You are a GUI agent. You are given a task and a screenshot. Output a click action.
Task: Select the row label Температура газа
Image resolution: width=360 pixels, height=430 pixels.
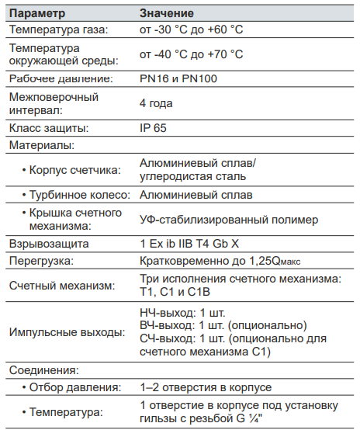[x=58, y=30]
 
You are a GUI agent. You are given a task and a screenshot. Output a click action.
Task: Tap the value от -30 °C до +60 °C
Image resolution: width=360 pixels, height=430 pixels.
[x=191, y=30]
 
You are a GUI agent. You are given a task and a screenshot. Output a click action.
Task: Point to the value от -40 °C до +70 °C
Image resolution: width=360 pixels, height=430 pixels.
[x=191, y=54]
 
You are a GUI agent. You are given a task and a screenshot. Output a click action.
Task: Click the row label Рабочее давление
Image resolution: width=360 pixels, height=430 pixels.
[x=61, y=78]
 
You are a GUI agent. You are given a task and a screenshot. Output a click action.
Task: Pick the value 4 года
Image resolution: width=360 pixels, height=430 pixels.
[x=156, y=103]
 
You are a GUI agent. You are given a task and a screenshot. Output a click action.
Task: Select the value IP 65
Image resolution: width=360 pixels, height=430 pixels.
[x=153, y=128]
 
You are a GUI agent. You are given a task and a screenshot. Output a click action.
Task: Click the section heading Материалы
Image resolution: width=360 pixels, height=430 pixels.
[x=41, y=145]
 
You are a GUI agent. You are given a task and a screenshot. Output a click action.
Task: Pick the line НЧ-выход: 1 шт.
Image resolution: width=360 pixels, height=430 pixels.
[x=173, y=313]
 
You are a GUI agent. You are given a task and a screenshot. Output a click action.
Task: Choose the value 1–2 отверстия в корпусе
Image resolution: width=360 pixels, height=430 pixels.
[x=206, y=387]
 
